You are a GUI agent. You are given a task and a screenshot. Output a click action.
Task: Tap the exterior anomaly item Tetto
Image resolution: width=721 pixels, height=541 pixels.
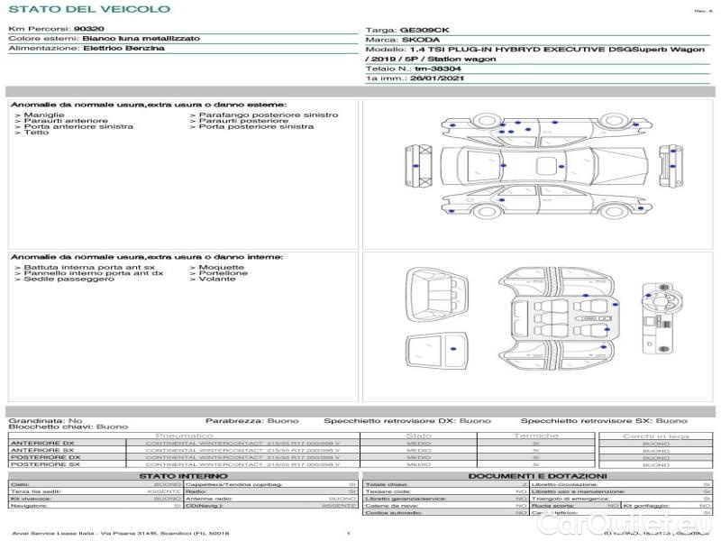click(x=36, y=133)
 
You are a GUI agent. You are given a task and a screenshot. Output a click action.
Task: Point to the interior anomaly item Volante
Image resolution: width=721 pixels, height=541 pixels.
click(x=217, y=280)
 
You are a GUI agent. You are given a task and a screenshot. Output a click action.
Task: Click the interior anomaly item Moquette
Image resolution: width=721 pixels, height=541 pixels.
click(x=222, y=267)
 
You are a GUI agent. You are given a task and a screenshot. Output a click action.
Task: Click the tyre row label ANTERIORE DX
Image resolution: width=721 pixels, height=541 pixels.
click(x=43, y=444)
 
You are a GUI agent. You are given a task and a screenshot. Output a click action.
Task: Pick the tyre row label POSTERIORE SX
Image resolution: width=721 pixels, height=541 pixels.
click(x=43, y=465)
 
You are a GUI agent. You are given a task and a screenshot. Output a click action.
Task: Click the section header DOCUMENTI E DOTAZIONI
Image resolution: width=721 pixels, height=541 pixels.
click(x=537, y=475)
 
